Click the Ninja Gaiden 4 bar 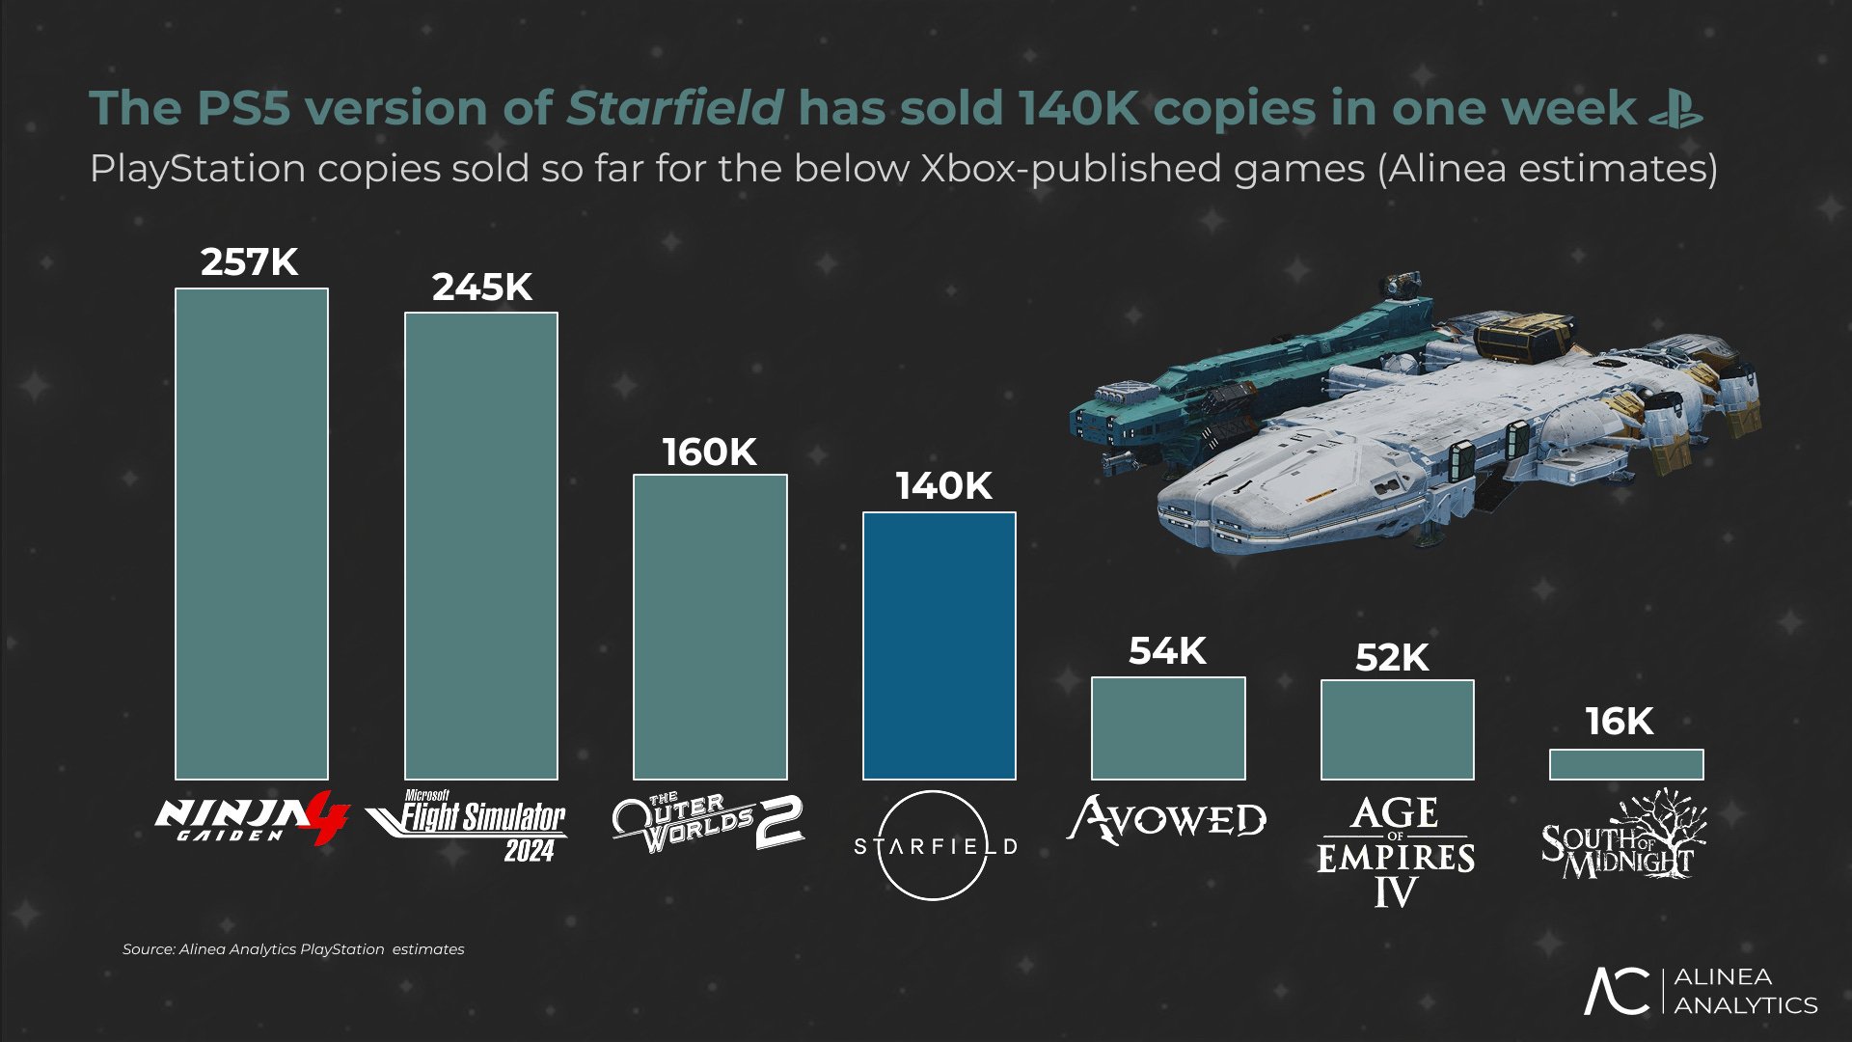[x=251, y=534]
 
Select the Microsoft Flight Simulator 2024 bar [x=480, y=545]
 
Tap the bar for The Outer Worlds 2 [x=710, y=626]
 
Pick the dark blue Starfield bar [x=939, y=644]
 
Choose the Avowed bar [x=1168, y=727]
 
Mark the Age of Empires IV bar [x=1397, y=729]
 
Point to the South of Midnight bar [x=1626, y=764]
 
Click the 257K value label [x=250, y=262]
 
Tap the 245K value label [x=481, y=288]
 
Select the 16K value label [x=1620, y=722]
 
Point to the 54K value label [x=1167, y=651]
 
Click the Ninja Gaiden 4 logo [x=251, y=819]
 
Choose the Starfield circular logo [x=934, y=845]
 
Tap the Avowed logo [x=1167, y=820]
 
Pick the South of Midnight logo [x=1623, y=836]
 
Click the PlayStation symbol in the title [x=1675, y=108]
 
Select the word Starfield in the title [x=675, y=108]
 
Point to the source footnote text [x=293, y=949]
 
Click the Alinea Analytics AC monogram [x=1618, y=991]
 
